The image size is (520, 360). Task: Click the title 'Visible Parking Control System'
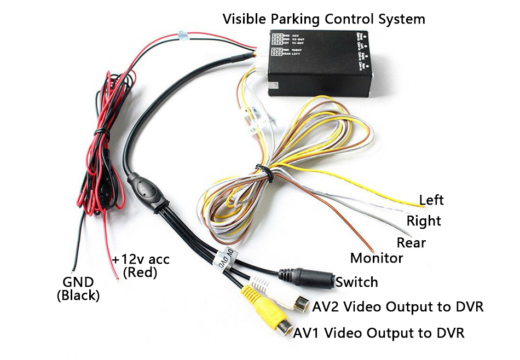(x=323, y=19)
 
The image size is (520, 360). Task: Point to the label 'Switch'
(x=357, y=282)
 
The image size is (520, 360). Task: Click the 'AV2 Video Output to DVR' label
(x=398, y=306)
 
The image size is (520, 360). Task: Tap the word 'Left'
(x=431, y=200)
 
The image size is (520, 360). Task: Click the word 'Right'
(x=424, y=221)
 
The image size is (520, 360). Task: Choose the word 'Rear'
(x=411, y=242)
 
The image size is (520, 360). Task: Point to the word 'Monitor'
(x=377, y=258)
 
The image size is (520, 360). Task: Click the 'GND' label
(x=78, y=282)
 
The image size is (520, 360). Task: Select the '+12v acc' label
(x=140, y=259)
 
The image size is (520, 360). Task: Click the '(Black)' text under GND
(x=78, y=296)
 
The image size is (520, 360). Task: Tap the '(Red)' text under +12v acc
(x=140, y=272)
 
